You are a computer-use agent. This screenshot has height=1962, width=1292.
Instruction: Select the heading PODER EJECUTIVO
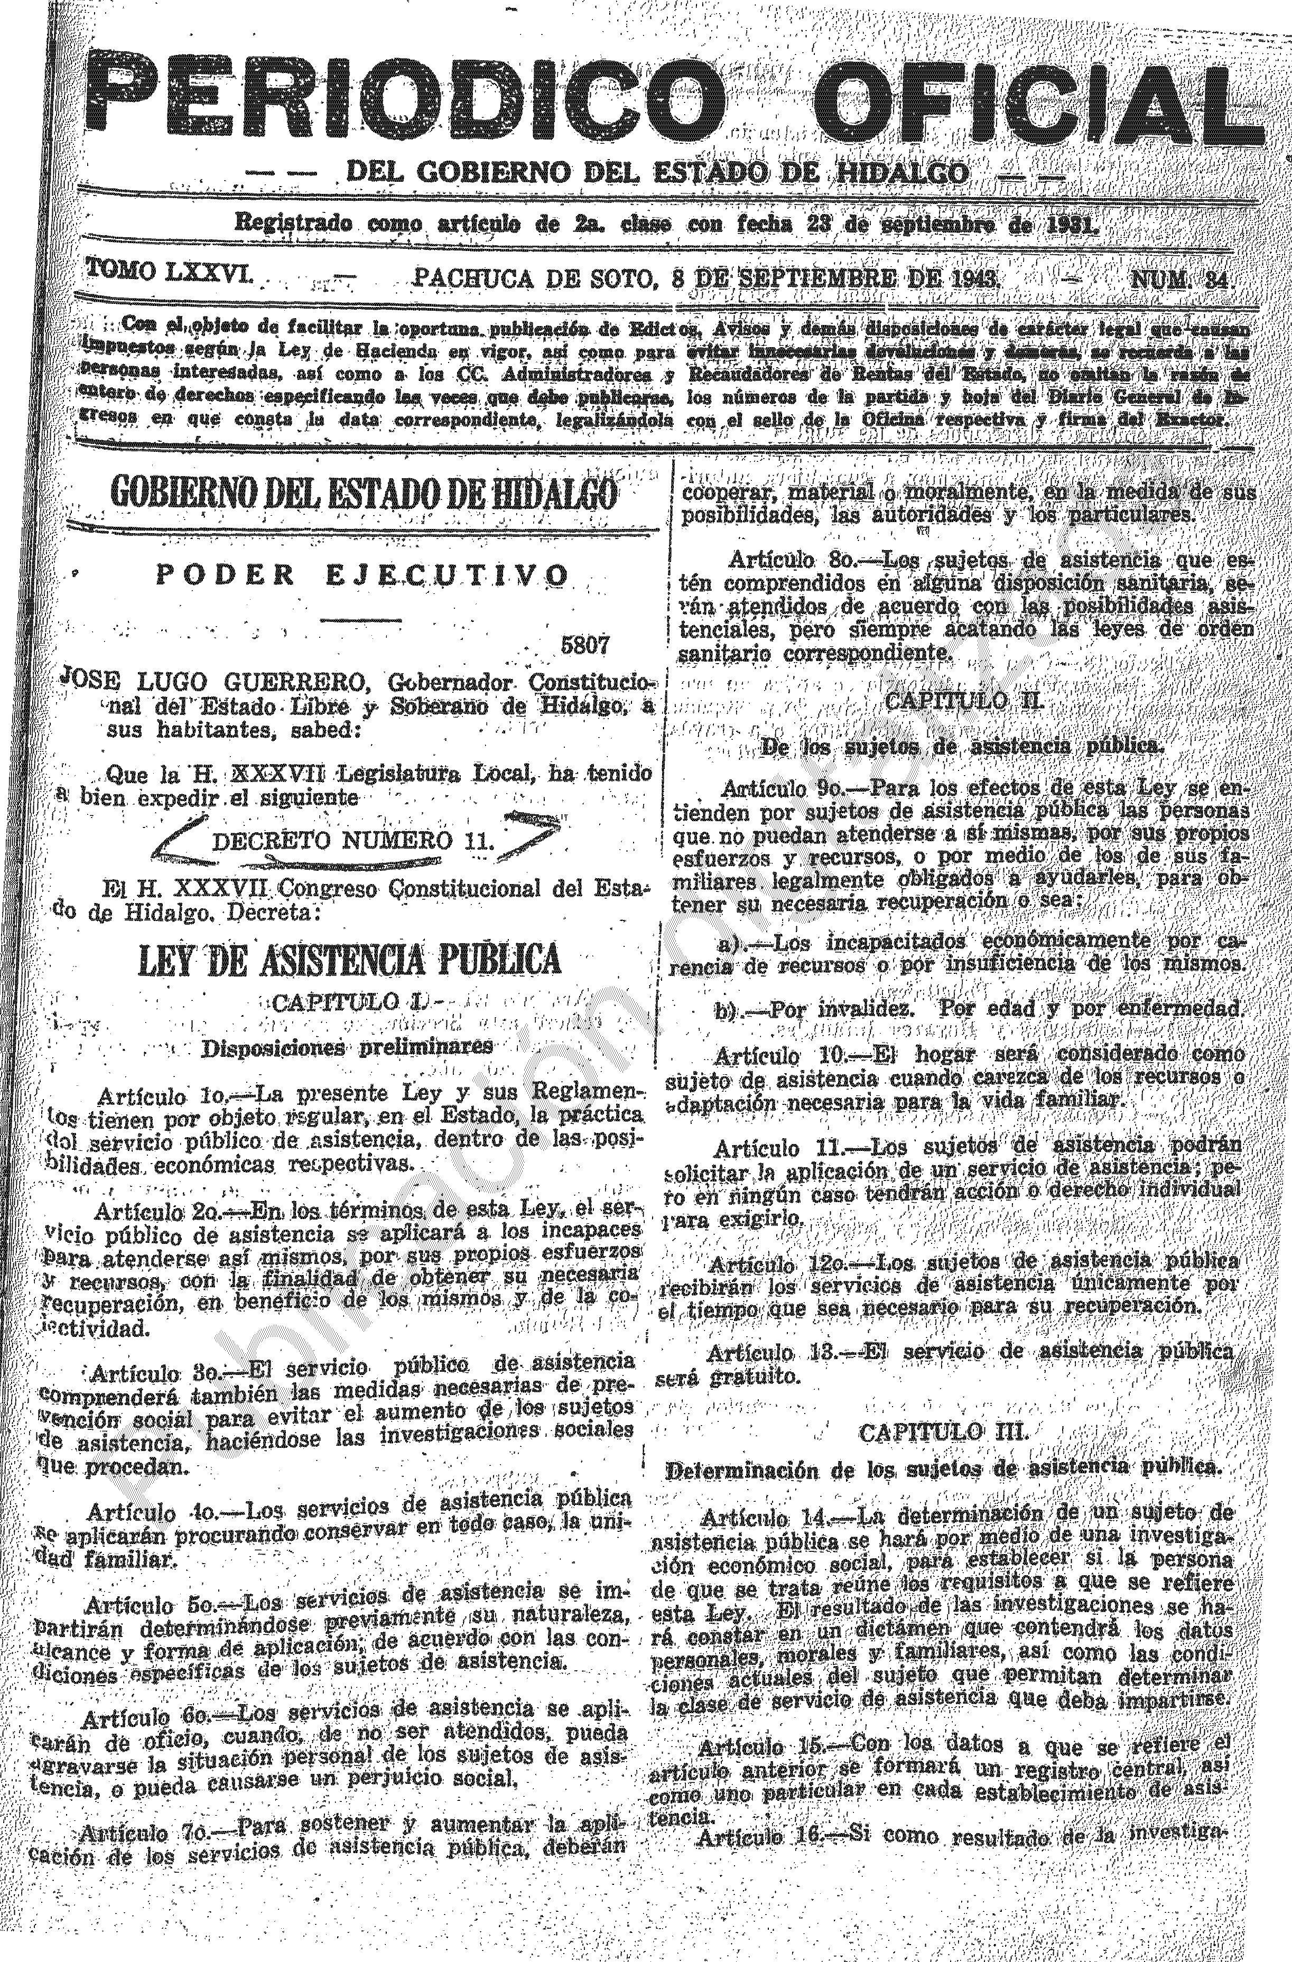tap(363, 574)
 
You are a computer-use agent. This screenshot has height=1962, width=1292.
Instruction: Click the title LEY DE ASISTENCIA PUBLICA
tap(350, 958)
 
